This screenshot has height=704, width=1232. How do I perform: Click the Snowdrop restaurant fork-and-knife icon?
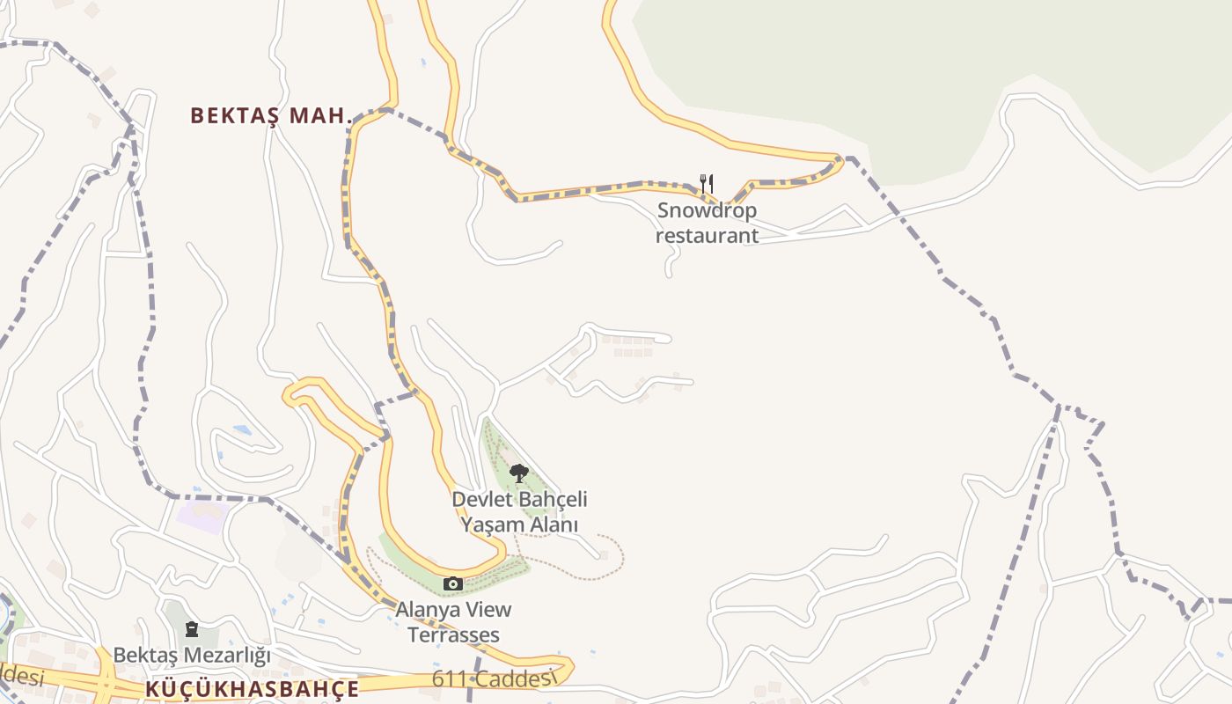click(706, 183)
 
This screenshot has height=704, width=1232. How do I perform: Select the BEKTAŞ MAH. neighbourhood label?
click(271, 115)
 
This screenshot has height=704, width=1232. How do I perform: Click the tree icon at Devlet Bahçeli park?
click(519, 473)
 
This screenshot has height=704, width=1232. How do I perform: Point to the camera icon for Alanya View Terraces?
click(453, 583)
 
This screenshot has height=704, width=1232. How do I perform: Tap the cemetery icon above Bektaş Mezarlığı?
click(192, 629)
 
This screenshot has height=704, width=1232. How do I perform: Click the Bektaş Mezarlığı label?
click(192, 656)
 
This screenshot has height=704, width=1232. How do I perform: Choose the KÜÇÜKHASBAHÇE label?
click(253, 688)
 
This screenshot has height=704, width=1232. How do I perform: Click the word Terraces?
click(453, 634)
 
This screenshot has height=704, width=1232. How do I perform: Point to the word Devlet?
click(482, 500)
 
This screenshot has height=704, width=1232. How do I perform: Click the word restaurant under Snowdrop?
click(707, 236)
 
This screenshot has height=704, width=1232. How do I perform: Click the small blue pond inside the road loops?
click(241, 430)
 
